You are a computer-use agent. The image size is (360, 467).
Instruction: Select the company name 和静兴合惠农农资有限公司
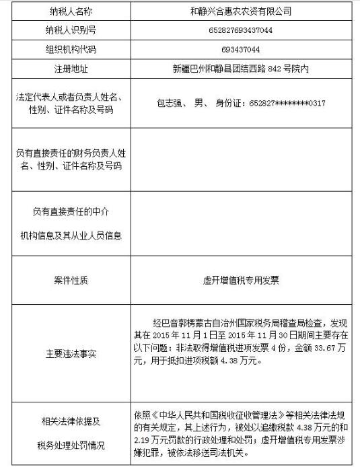(x=241, y=12)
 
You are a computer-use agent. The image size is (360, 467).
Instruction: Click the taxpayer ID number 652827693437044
(x=241, y=32)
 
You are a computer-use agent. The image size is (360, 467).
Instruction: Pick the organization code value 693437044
(x=241, y=50)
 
